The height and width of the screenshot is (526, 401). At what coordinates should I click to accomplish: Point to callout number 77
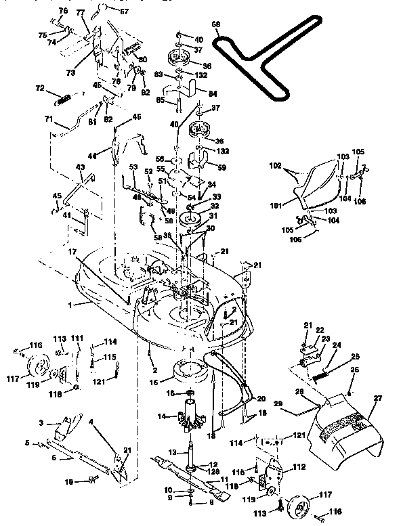[x=80, y=13]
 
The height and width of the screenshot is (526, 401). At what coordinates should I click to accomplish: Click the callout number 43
[x=80, y=167]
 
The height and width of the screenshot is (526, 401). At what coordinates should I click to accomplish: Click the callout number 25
[x=355, y=356]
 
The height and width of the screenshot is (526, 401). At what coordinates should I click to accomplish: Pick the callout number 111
[x=77, y=338]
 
